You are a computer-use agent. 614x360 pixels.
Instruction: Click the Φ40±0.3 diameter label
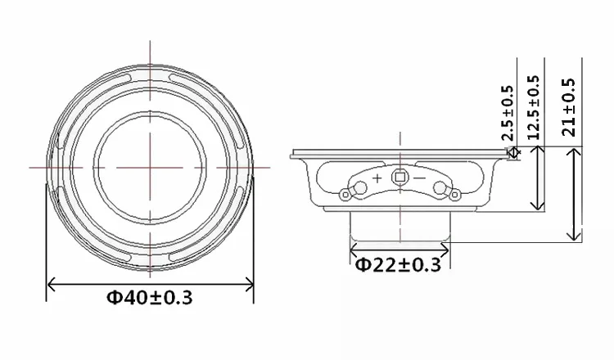[150, 298]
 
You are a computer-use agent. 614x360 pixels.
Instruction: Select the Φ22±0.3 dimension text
[398, 265]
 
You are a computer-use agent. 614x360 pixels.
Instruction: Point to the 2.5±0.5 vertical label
[508, 113]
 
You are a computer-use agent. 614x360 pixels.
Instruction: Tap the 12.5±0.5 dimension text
[533, 108]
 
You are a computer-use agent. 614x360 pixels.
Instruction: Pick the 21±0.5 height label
[569, 107]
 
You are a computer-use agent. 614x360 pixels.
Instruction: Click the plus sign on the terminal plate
[377, 178]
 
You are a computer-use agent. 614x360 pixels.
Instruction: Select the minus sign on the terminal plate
[419, 178]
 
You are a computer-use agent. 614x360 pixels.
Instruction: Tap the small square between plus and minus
[400, 178]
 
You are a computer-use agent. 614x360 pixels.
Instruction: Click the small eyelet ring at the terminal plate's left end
[345, 194]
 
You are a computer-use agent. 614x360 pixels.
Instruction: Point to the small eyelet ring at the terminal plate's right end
[454, 194]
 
